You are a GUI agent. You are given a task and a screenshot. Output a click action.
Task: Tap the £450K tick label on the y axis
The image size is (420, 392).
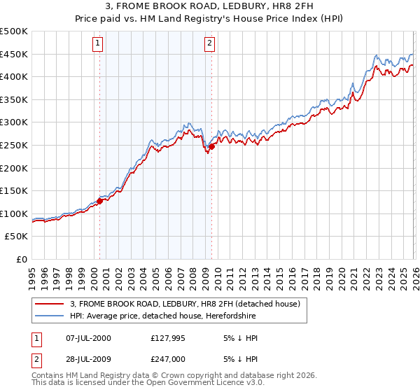click(x=14, y=54)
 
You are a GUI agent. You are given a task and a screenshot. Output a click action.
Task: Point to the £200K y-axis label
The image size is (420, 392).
click(x=14, y=168)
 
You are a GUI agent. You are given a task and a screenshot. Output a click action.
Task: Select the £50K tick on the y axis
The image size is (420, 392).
click(x=17, y=237)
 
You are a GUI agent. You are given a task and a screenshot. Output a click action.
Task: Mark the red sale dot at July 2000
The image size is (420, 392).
click(x=99, y=201)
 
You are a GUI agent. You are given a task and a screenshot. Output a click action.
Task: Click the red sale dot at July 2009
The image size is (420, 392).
click(x=211, y=146)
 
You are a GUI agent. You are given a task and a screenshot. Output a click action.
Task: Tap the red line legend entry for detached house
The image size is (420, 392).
click(x=185, y=304)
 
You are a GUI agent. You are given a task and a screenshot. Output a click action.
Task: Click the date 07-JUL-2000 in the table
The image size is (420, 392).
click(x=88, y=338)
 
